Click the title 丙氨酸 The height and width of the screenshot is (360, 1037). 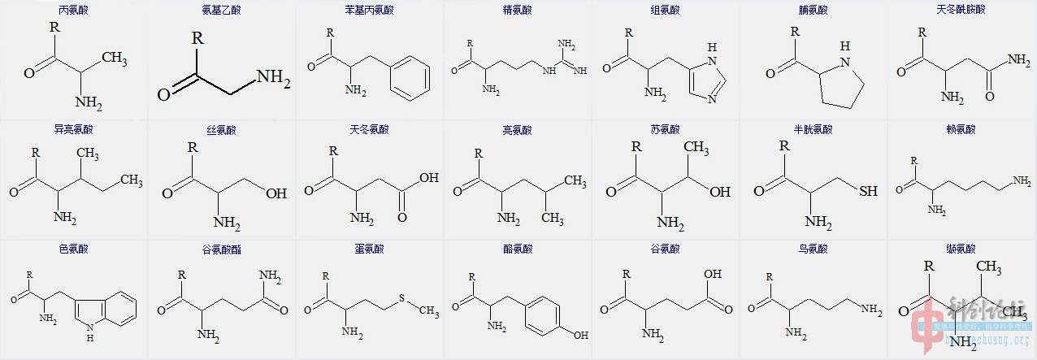(x=74, y=11)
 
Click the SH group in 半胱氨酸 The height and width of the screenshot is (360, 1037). (x=868, y=192)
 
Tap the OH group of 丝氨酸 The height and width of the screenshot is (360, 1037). (x=276, y=193)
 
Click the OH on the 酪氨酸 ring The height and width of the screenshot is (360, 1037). (x=580, y=334)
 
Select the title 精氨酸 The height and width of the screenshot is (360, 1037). (x=517, y=11)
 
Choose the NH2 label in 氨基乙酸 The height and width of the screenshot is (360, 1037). (x=273, y=79)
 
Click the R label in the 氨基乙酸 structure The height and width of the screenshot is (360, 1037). (x=197, y=38)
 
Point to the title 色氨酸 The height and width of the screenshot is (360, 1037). (x=74, y=249)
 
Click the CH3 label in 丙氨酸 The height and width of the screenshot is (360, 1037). (x=115, y=59)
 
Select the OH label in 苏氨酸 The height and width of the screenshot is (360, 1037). (x=719, y=192)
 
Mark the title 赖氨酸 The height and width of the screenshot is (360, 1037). (x=961, y=130)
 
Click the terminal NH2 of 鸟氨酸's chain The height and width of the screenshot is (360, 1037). (x=870, y=309)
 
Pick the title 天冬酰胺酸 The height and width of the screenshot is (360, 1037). (x=961, y=11)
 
